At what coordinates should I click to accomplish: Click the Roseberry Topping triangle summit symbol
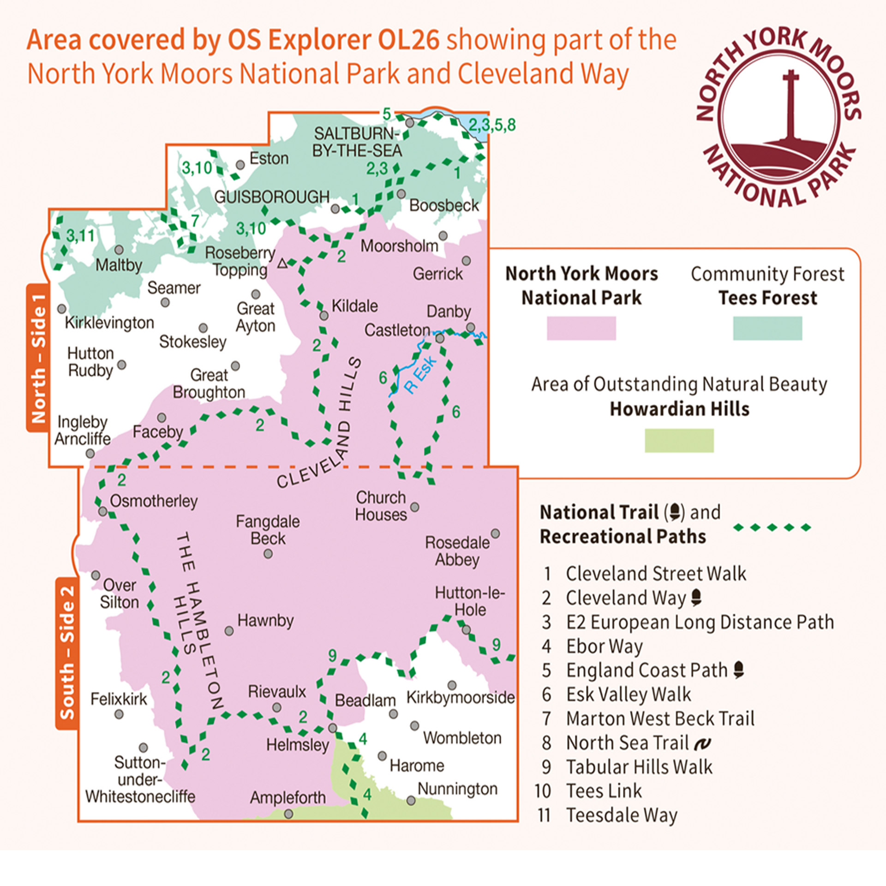(x=282, y=264)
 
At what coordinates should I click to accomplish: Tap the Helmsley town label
(x=298, y=745)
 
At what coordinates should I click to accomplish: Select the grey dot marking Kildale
(x=324, y=316)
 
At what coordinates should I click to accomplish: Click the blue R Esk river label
(x=419, y=374)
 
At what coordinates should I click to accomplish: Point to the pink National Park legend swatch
(x=581, y=328)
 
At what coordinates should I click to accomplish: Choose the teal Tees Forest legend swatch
(x=767, y=328)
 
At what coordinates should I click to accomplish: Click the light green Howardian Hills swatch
(x=679, y=440)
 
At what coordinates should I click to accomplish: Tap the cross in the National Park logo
(x=790, y=106)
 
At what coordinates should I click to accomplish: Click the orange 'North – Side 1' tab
(x=38, y=358)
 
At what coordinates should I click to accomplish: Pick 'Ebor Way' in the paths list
(x=604, y=647)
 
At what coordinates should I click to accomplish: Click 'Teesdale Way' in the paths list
(x=621, y=815)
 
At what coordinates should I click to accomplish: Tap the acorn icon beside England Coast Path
(x=738, y=670)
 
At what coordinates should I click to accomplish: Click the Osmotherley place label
(x=154, y=501)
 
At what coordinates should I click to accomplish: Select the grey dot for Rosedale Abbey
(x=495, y=534)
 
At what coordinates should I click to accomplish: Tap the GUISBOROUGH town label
(x=272, y=197)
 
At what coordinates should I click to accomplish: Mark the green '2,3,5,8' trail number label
(x=492, y=125)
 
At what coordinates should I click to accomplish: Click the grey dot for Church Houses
(x=415, y=507)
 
